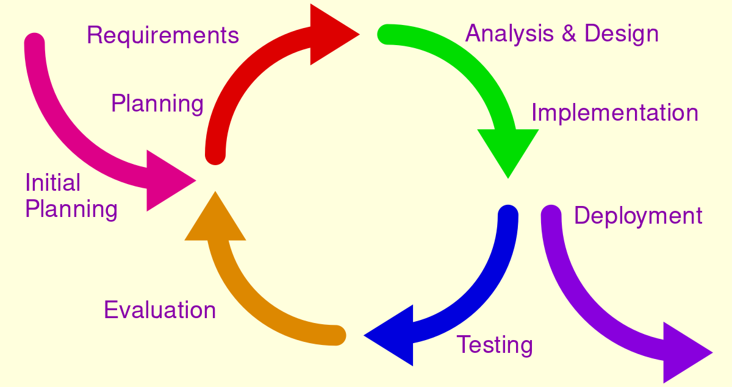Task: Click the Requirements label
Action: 163,36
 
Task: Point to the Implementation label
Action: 615,113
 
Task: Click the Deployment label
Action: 638,216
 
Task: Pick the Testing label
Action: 495,346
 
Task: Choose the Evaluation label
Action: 160,310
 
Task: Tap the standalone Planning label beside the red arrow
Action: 157,104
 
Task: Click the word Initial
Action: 53,183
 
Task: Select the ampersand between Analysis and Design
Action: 569,34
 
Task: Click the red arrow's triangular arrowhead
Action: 329,34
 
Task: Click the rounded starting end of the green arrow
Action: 388,34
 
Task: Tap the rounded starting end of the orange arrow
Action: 336,335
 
